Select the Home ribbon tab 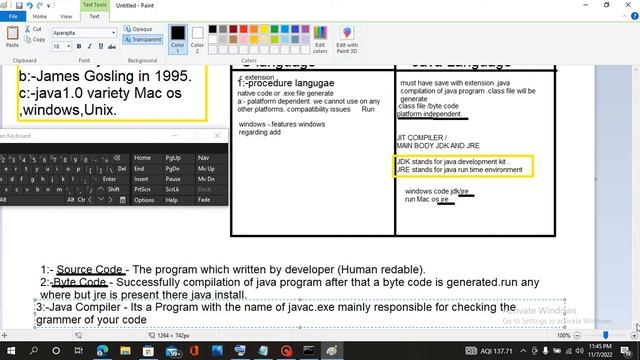(40, 16)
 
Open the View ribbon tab (67, 16)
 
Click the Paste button (12, 38)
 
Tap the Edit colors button (320, 40)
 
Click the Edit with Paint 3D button (347, 40)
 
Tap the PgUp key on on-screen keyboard (173, 157)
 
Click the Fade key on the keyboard (205, 200)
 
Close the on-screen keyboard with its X (218, 135)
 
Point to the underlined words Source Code (90, 270)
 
